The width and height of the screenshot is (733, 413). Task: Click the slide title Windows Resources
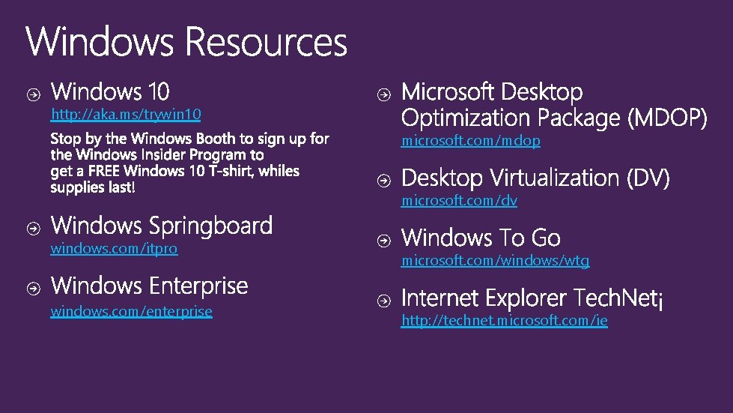click(186, 42)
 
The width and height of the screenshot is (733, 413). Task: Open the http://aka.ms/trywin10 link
click(125, 115)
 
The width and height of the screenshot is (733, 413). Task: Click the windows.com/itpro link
click(114, 248)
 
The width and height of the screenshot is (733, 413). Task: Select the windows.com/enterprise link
click(131, 311)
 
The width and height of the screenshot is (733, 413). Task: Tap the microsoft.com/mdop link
click(470, 141)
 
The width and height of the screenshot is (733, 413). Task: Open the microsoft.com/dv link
click(459, 201)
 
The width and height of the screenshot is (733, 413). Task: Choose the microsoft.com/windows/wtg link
click(495, 261)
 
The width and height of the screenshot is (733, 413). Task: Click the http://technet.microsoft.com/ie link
click(504, 321)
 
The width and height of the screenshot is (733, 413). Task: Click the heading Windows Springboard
click(161, 226)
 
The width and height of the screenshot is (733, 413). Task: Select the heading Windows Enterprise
click(149, 286)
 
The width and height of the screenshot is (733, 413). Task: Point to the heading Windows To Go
click(481, 238)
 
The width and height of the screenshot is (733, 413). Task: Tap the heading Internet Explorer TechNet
click(530, 298)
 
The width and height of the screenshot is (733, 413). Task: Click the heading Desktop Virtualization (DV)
click(535, 178)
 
